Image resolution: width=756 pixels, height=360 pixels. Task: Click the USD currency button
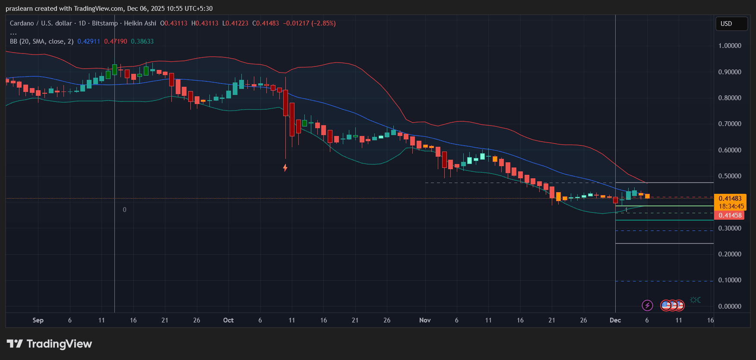click(731, 24)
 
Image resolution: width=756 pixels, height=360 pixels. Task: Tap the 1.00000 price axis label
click(730, 46)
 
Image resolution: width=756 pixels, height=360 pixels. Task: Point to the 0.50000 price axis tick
click(730, 176)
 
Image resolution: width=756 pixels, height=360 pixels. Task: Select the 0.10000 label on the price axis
click(730, 280)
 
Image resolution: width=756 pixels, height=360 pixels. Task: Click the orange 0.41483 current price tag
click(730, 199)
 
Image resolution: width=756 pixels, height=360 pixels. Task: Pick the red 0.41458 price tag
click(730, 215)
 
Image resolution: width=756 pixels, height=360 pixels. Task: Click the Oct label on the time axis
click(228, 320)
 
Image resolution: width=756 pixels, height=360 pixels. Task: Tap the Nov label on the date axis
click(425, 320)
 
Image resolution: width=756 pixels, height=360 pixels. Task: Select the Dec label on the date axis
click(615, 320)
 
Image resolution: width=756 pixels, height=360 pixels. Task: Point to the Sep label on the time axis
click(38, 320)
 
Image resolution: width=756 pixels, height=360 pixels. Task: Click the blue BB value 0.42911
click(89, 41)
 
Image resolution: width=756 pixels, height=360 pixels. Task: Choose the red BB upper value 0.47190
click(116, 41)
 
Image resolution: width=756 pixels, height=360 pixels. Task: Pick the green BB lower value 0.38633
click(142, 41)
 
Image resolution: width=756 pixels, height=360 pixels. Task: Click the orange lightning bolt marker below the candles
click(285, 167)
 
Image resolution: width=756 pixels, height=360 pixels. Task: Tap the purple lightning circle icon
click(647, 306)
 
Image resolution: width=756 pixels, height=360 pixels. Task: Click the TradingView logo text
click(59, 344)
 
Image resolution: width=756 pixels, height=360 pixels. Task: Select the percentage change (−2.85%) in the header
click(323, 23)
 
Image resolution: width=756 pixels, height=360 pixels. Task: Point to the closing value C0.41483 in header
click(266, 23)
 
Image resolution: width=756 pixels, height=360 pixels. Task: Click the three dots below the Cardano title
click(13, 33)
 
